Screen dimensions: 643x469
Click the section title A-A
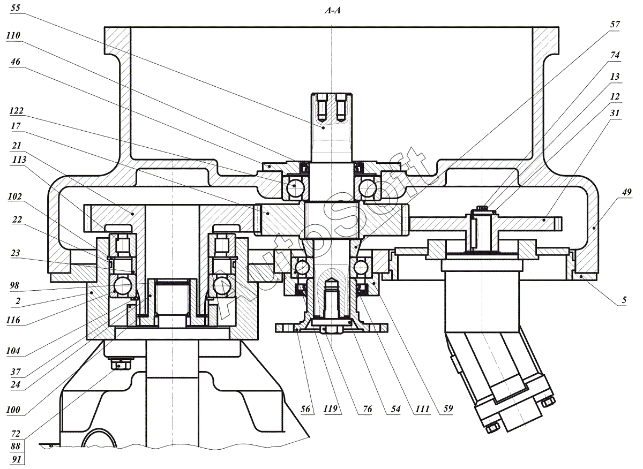coord(333,11)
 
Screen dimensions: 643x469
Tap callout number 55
coord(16,7)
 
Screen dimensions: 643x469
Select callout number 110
coord(13,35)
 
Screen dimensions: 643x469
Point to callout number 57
coord(615,25)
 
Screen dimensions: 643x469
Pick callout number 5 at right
coord(624,300)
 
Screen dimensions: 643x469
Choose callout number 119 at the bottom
coord(331,409)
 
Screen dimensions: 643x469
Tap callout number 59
coord(448,409)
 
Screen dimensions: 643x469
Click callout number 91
coord(17,459)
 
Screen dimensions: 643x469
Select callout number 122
coord(17,111)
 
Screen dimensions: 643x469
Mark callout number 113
coord(19,160)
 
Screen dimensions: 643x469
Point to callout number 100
coord(13,410)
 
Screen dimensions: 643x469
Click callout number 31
coord(615,114)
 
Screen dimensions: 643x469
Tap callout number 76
coord(367,409)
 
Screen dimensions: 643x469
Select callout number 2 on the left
coord(18,301)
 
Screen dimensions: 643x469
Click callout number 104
coord(13,351)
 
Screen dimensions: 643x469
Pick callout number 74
coord(615,55)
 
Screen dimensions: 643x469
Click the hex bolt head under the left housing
coord(121,365)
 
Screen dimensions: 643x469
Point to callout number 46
coord(16,62)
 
